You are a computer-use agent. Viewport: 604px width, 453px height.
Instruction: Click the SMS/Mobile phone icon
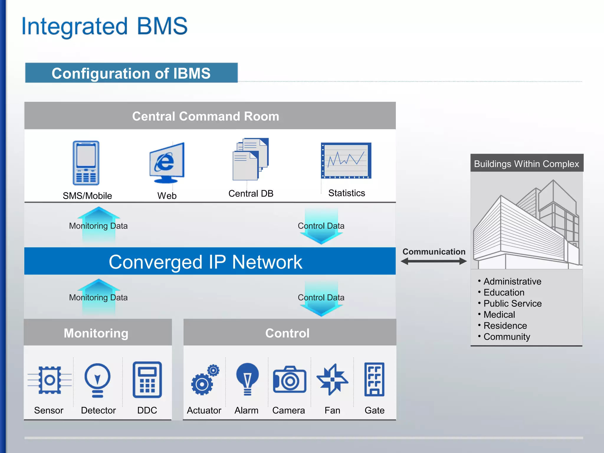(86, 163)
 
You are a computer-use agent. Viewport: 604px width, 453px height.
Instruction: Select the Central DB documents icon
(250, 160)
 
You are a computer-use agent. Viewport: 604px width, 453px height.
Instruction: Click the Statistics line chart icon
(346, 161)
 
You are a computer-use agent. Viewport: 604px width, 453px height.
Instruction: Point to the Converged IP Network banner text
(206, 262)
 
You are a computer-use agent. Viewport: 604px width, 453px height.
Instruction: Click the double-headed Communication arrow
(434, 261)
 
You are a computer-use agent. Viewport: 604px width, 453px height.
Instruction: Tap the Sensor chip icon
(50, 380)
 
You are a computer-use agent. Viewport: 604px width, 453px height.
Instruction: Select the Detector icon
(98, 380)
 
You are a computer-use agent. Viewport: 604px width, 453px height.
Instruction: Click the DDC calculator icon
(147, 380)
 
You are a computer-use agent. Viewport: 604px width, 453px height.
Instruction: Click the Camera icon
(289, 380)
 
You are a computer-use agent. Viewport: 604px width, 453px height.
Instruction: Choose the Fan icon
(332, 380)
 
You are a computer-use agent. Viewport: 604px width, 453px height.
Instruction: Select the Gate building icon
(374, 379)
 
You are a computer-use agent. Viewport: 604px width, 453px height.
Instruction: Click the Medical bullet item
(499, 315)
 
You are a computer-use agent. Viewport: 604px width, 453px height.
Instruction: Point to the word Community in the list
(507, 337)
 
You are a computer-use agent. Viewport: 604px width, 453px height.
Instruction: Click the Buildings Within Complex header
(526, 164)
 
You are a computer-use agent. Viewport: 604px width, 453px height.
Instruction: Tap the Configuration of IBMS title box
(131, 73)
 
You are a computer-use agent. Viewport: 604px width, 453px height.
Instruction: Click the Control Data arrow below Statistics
(321, 226)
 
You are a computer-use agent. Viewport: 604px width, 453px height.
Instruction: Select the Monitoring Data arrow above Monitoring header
(99, 298)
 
